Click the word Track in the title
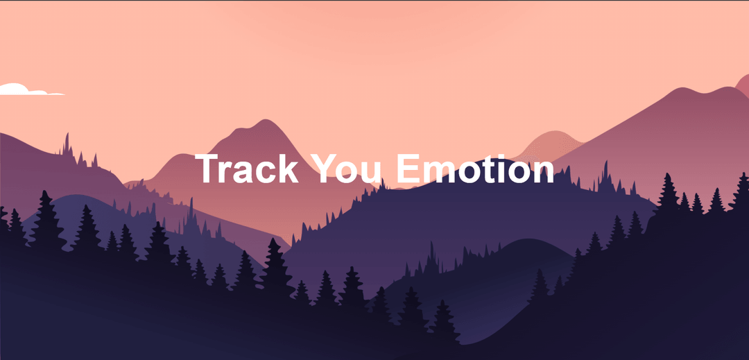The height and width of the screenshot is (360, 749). click(x=246, y=169)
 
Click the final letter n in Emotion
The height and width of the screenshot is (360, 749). click(x=543, y=173)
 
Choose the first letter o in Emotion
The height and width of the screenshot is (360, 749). click(x=469, y=173)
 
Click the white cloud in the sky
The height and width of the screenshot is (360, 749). click(x=21, y=89)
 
